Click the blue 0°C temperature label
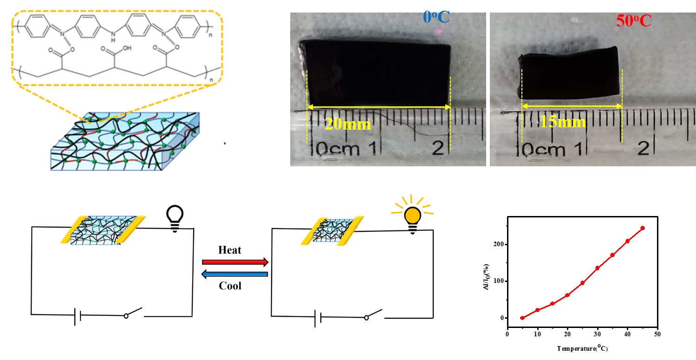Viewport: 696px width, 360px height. tap(437, 17)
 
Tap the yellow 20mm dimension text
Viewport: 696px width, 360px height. tap(348, 124)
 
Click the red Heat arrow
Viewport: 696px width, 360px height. tap(235, 262)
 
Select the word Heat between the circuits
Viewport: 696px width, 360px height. tap(230, 250)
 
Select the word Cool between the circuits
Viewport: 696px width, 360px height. tap(230, 285)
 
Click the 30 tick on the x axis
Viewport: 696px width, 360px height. tap(598, 334)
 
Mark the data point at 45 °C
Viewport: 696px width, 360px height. tap(643, 228)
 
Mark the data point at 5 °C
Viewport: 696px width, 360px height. tap(522, 318)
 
